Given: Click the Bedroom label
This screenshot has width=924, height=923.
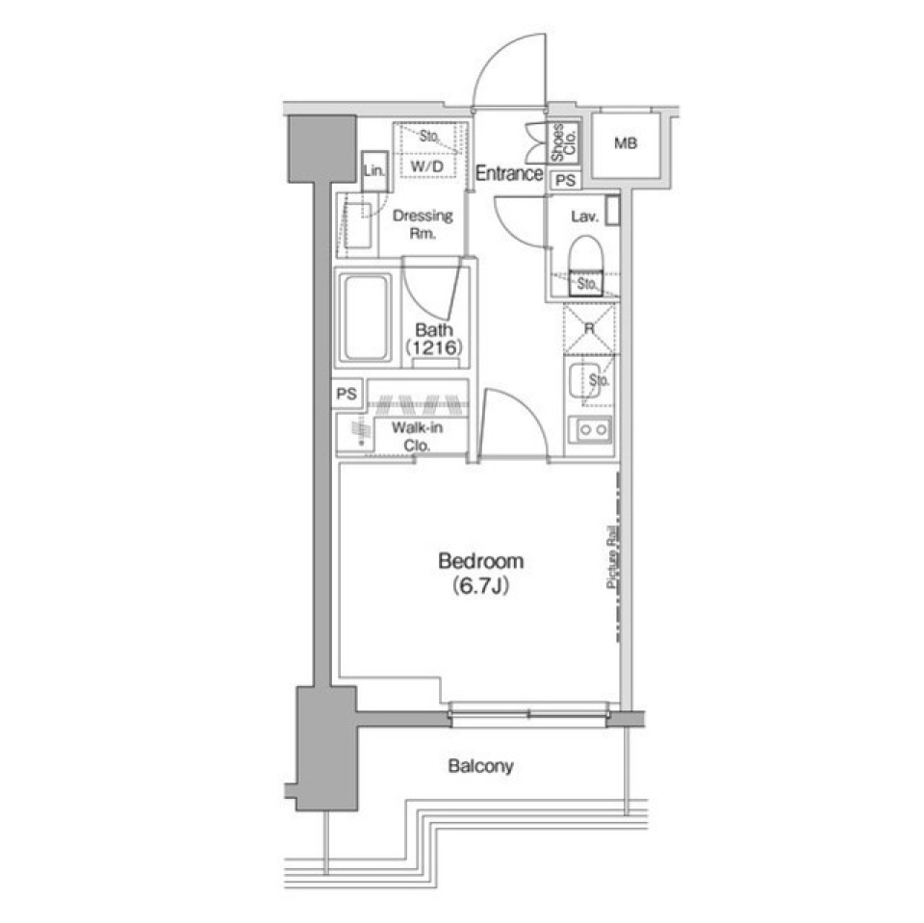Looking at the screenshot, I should point(480,560).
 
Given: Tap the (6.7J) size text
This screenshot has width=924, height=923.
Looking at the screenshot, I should point(480,584).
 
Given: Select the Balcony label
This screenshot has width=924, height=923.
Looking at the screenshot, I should point(480,767).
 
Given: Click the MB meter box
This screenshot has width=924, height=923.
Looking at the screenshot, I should point(626,145).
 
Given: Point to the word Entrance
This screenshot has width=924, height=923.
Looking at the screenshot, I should point(509,174).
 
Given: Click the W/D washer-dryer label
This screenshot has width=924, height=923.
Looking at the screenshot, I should point(426,167).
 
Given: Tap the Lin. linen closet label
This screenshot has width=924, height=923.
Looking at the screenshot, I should point(373,170).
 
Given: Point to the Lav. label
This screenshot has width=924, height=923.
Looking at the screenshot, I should point(584,218).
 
